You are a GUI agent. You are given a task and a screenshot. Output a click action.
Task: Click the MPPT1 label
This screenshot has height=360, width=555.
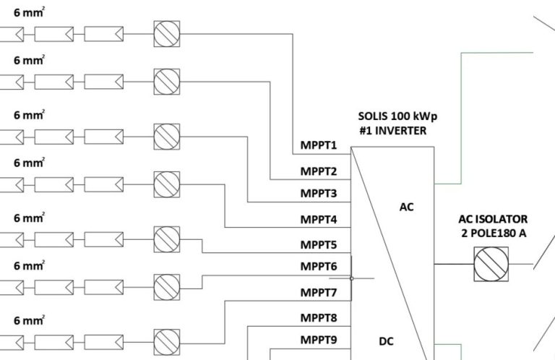pos(319,145)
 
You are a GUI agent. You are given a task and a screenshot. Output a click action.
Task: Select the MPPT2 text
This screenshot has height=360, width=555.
pos(319,171)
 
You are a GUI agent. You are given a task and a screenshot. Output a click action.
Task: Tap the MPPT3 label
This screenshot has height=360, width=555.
pos(319,193)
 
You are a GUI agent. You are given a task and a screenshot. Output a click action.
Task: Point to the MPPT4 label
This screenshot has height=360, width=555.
pos(319,218)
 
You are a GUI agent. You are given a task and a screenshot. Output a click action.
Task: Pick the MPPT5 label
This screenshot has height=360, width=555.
pos(319,244)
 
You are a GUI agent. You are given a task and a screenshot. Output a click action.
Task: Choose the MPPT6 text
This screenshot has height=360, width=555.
pos(319,266)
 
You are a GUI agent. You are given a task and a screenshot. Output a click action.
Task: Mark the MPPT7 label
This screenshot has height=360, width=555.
pos(319,292)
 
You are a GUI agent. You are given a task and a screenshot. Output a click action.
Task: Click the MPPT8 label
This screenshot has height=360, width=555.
pos(319,317)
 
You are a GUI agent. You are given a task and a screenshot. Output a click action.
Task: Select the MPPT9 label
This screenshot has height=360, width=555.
pos(319,339)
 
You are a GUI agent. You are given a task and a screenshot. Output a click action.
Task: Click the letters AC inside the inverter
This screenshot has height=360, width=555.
pos(407,207)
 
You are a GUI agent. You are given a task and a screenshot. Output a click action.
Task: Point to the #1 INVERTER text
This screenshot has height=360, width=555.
pos(392,131)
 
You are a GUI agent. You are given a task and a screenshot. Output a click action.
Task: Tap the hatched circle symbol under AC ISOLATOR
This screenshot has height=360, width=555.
pos(491,265)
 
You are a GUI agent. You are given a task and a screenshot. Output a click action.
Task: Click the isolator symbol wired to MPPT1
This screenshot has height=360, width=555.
pos(167,34)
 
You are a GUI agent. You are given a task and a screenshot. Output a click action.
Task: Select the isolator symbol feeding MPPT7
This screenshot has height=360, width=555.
pos(167,338)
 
